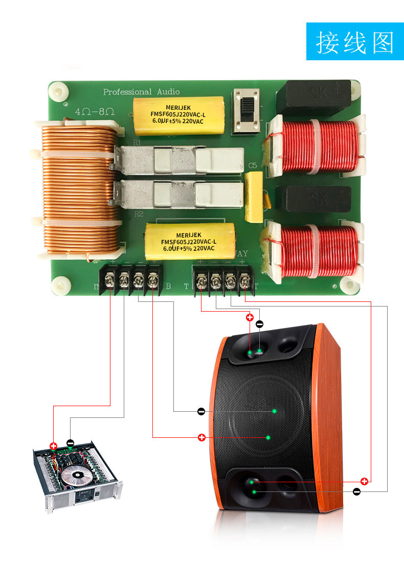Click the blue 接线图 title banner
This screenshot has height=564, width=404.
coord(355,41)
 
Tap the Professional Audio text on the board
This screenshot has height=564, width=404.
coord(142,92)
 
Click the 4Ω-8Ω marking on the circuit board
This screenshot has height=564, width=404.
coord(94,111)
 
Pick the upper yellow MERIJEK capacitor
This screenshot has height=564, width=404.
coord(178,115)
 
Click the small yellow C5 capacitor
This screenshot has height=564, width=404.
coord(254,197)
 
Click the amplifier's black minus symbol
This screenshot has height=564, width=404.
coord(70,443)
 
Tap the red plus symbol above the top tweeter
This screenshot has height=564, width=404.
coord(250,317)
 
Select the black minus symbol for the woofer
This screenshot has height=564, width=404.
coord(201,411)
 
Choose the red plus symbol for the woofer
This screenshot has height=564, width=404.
coord(201,437)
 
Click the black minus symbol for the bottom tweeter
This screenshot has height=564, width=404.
coord(356,491)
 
